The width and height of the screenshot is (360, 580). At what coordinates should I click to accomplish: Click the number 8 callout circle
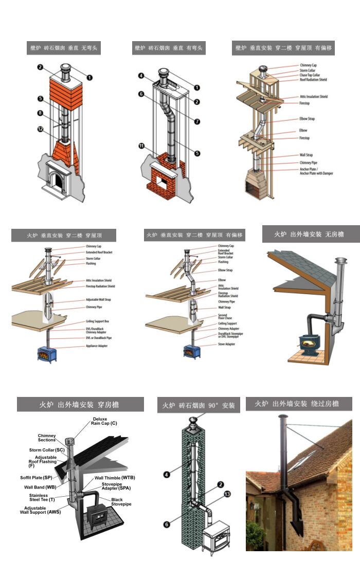coord(40,113)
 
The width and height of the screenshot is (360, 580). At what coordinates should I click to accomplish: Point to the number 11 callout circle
coord(141,146)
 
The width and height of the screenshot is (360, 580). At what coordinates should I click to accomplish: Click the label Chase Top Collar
coord(311,75)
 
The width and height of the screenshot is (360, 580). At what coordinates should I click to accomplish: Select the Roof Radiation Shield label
coord(313,80)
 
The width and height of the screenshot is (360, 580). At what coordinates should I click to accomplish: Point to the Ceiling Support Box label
coord(100,321)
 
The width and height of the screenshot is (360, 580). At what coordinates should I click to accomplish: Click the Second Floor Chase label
coord(225,317)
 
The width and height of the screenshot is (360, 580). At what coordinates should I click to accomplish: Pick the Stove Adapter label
coord(226,344)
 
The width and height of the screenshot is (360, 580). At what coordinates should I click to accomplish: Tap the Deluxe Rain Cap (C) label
coord(104,421)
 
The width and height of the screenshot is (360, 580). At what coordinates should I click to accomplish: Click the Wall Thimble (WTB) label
coord(115,478)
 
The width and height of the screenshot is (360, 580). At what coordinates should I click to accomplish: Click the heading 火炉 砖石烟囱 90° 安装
coord(199,405)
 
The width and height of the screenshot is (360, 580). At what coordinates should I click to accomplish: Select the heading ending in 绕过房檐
coord(299,404)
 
